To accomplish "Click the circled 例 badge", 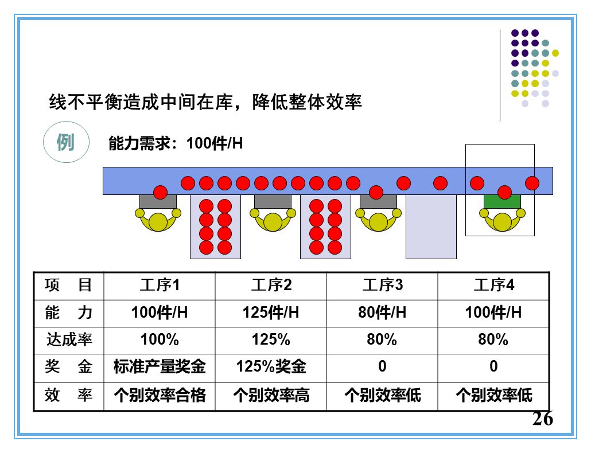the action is [x=67, y=142].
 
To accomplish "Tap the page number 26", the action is [x=542, y=419].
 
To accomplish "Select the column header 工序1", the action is [x=160, y=285].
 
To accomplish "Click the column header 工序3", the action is [x=382, y=285].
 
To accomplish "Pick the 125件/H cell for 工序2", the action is [x=271, y=313].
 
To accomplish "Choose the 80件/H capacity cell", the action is [x=382, y=313].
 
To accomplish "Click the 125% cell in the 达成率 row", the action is [x=271, y=339].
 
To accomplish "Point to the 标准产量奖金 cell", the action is [x=160, y=366].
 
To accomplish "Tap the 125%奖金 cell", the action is [x=271, y=366].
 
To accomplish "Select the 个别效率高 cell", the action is [x=271, y=395].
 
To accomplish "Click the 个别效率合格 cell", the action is [x=160, y=395].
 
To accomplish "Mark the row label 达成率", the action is [x=69, y=339].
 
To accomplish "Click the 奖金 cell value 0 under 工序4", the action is [x=493, y=366].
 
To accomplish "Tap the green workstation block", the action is [x=502, y=201].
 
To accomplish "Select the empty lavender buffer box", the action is [x=431, y=226].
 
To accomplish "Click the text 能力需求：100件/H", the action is [x=176, y=143].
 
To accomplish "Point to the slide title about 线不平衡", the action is [x=205, y=102].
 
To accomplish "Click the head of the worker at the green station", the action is [x=502, y=222].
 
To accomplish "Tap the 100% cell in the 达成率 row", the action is [x=160, y=339].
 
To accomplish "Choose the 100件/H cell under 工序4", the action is [x=493, y=313].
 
